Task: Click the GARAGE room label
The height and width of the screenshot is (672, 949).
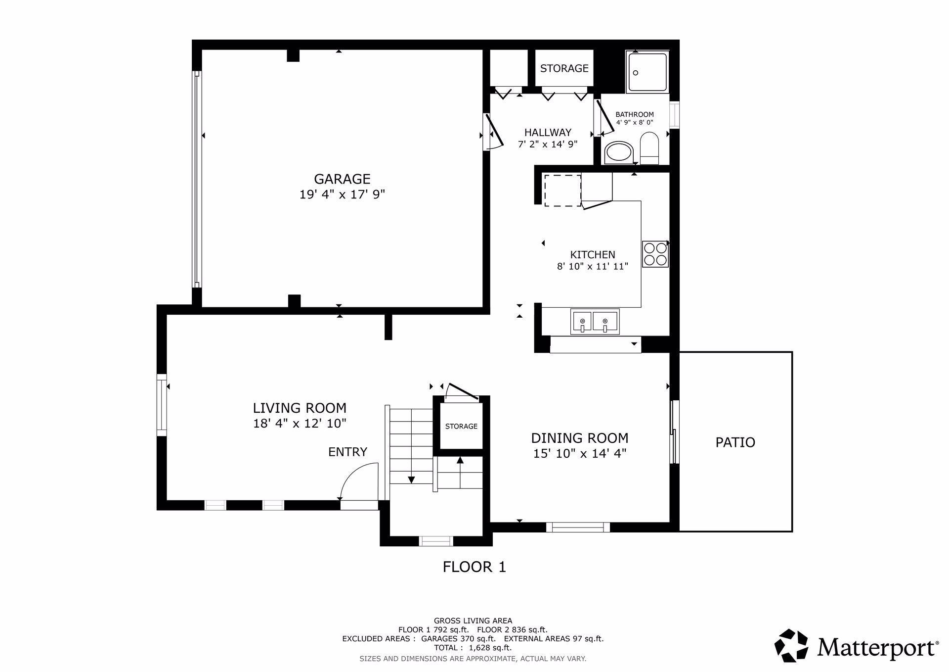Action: pyautogui.click(x=342, y=179)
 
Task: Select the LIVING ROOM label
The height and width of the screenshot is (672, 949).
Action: pyautogui.click(x=300, y=408)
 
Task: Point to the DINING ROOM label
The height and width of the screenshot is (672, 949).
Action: pyautogui.click(x=580, y=438)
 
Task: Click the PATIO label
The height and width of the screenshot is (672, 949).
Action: pyautogui.click(x=735, y=442)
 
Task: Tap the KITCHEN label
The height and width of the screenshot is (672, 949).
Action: pyautogui.click(x=593, y=255)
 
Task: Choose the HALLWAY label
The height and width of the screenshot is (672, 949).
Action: pyautogui.click(x=548, y=133)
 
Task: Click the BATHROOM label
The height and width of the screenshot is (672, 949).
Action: pyautogui.click(x=635, y=114)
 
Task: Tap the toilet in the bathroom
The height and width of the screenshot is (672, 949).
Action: pyautogui.click(x=649, y=148)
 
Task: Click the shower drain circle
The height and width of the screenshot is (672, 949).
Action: pyautogui.click(x=636, y=73)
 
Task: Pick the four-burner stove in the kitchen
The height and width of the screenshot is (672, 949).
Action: pyautogui.click(x=655, y=254)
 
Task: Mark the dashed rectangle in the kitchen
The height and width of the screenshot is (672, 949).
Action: pyautogui.click(x=562, y=190)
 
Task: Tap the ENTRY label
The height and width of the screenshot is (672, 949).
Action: pyautogui.click(x=347, y=452)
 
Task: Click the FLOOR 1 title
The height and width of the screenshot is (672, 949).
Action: pyautogui.click(x=474, y=567)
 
